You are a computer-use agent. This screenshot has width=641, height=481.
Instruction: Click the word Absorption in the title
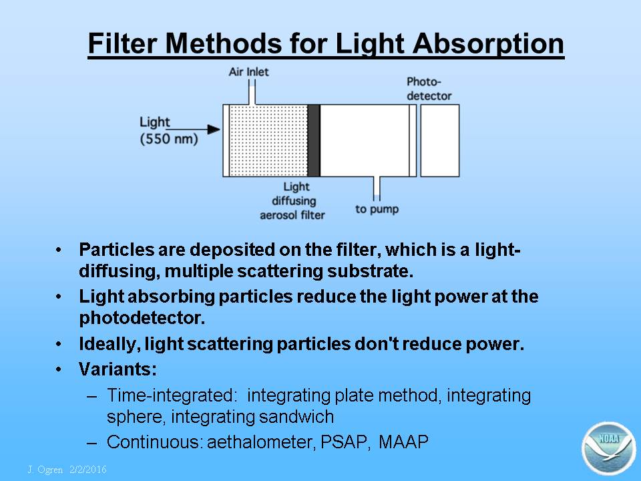coord(489,43)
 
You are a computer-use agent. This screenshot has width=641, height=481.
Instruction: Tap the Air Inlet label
coord(248,72)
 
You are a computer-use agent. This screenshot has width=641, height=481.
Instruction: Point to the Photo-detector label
coord(429,89)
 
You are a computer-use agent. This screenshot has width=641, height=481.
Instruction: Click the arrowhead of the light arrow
coord(214,130)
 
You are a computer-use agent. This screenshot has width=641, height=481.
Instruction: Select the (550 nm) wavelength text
coord(169,139)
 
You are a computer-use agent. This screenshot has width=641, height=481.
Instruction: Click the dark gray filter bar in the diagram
coord(314,141)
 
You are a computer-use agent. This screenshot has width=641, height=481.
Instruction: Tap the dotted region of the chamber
coord(268,141)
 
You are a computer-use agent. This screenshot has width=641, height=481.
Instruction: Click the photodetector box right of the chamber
coord(440,141)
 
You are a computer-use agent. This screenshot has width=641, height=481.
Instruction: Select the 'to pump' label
coord(377,209)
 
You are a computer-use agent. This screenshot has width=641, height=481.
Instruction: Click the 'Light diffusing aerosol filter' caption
coord(292,201)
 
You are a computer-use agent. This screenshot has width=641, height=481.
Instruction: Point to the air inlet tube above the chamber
coord(252,92)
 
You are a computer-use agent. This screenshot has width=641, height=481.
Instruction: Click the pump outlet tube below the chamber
coord(377,188)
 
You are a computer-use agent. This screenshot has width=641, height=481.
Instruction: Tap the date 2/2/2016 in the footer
coord(88,469)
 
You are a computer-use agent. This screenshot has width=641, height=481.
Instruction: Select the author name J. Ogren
coord(45,470)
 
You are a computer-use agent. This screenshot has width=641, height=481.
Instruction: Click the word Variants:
coord(118,369)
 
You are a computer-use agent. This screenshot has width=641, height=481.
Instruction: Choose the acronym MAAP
coord(403,442)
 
